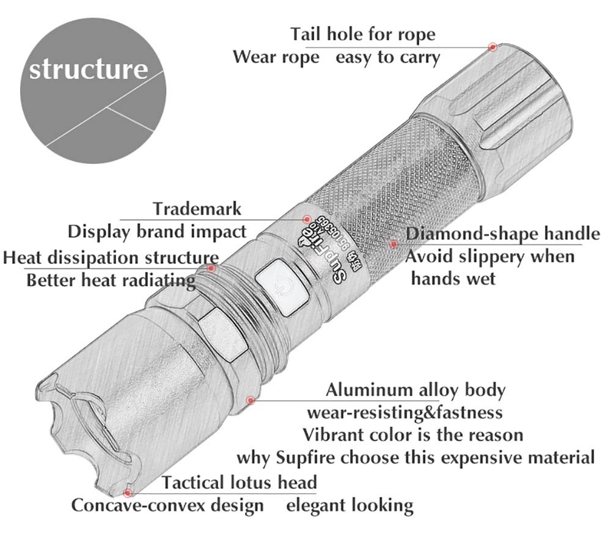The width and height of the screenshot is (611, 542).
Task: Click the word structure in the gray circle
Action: click(89, 68)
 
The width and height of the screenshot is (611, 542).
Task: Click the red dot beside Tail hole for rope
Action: click(492, 46)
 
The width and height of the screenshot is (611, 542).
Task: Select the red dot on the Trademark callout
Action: click(307, 219)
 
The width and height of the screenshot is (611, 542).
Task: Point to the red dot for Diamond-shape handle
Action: click(394, 244)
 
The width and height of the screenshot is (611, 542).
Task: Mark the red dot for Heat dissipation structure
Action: click(211, 268)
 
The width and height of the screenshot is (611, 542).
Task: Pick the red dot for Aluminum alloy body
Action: click(250, 400)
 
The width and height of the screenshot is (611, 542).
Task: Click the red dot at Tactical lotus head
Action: click(128, 491)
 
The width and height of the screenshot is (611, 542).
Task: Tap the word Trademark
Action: click(197, 209)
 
